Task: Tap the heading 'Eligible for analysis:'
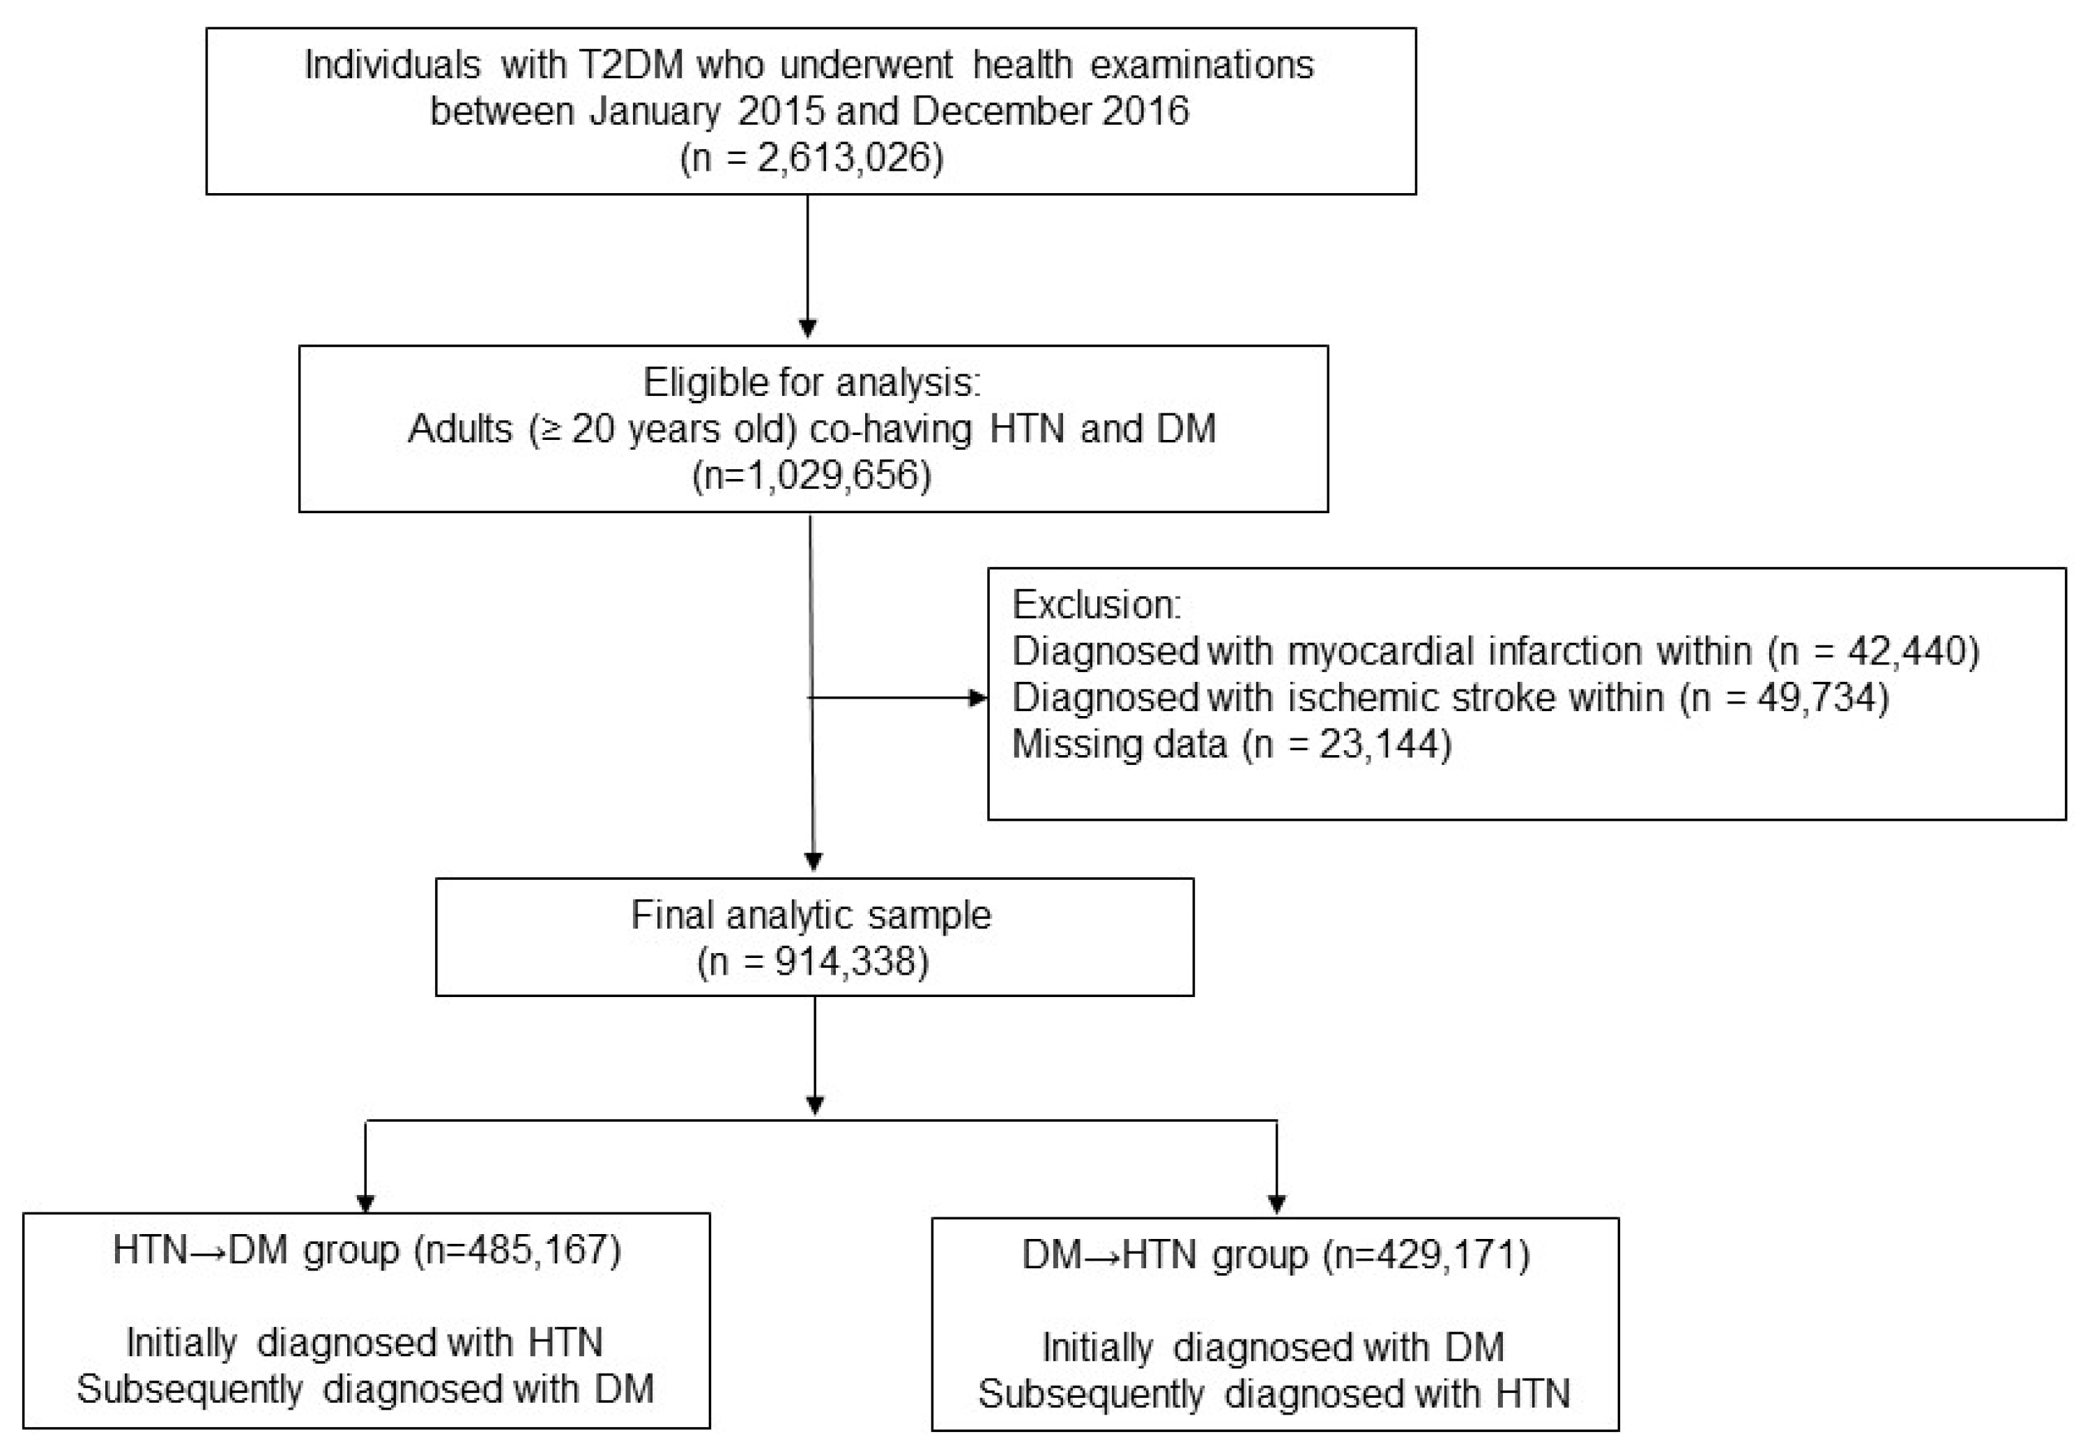pyautogui.click(x=812, y=382)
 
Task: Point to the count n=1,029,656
pyautogui.click(x=812, y=476)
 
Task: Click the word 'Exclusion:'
pyautogui.click(x=1096, y=604)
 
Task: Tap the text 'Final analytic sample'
pyautogui.click(x=810, y=915)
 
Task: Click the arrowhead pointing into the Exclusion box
pyautogui.click(x=979, y=699)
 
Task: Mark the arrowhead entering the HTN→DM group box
pyautogui.click(x=365, y=1203)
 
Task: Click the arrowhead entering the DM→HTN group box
pyautogui.click(x=1276, y=1205)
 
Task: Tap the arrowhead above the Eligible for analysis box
pyautogui.click(x=807, y=328)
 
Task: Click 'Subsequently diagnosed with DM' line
pyautogui.click(x=365, y=1390)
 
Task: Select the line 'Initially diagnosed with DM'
pyautogui.click(x=1273, y=1348)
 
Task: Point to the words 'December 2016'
pyautogui.click(x=1051, y=111)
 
